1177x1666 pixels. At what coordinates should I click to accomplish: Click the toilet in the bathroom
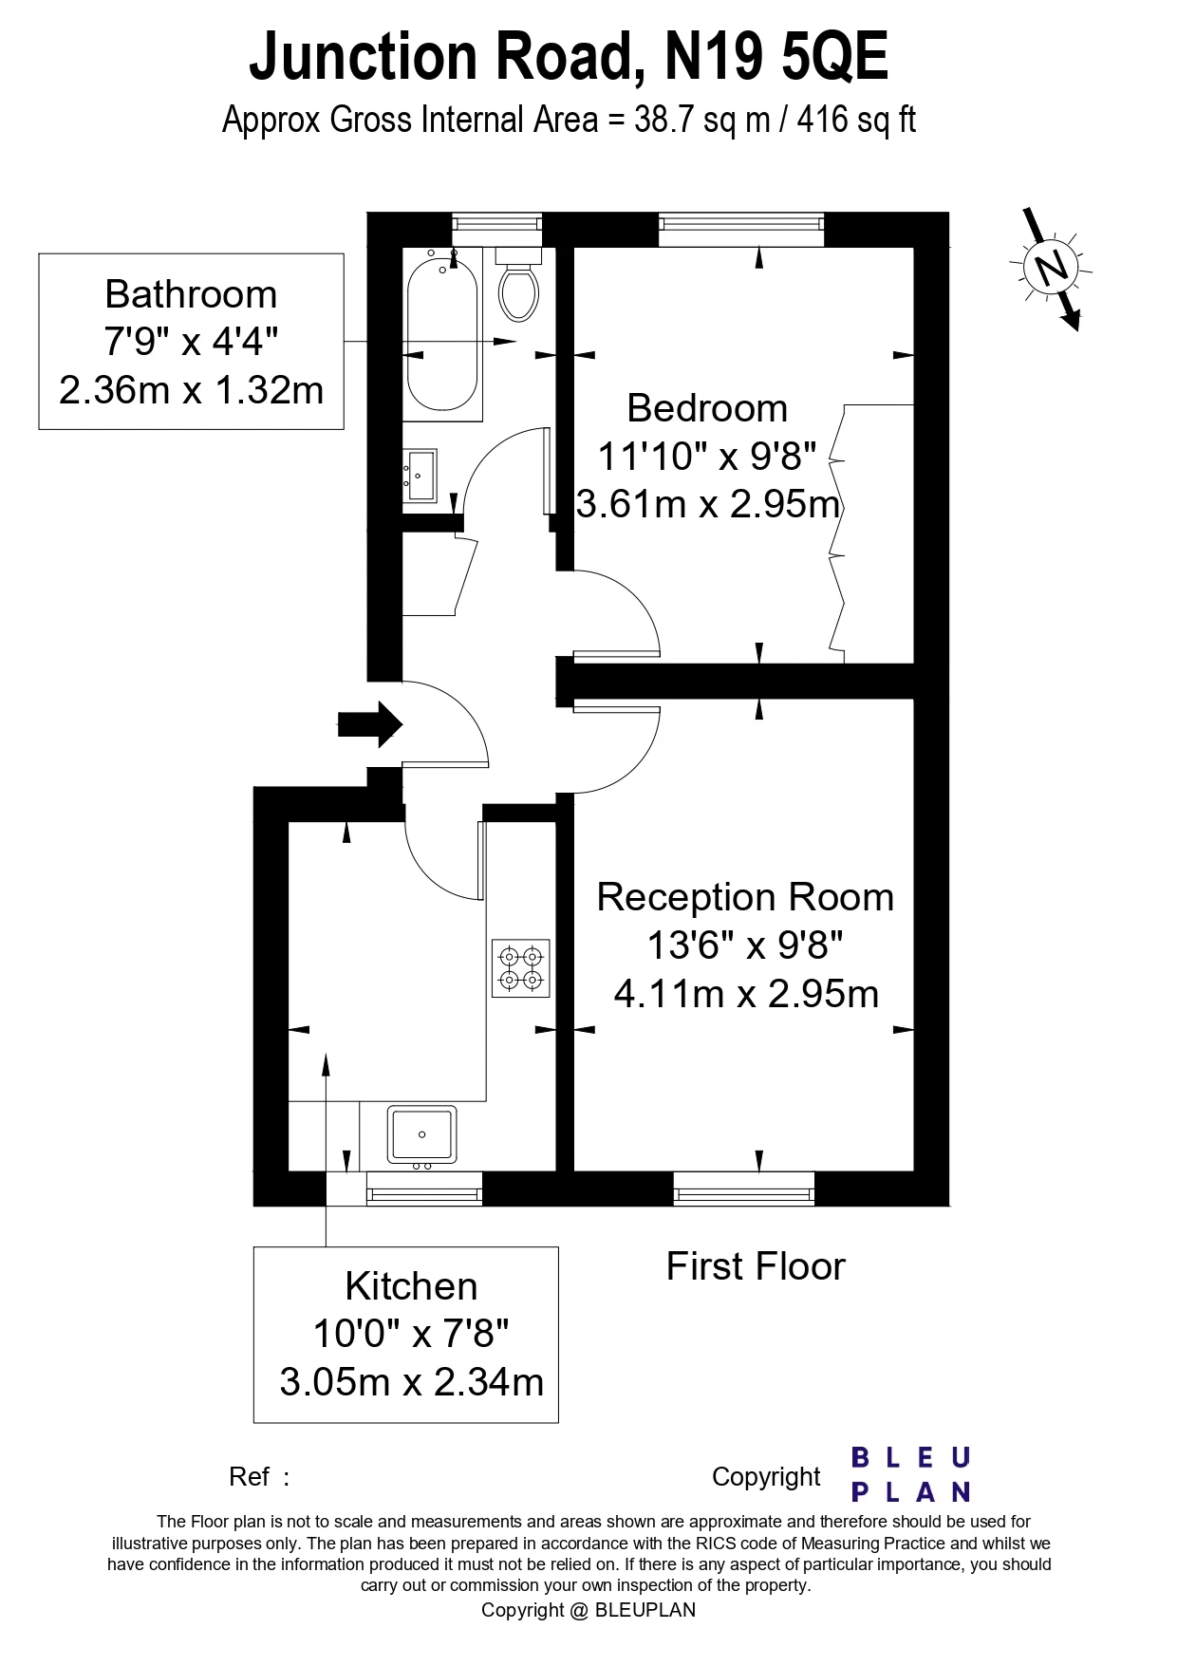(518, 287)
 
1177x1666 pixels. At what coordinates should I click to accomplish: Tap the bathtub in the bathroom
(441, 337)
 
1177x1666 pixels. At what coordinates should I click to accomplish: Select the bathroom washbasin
(420, 475)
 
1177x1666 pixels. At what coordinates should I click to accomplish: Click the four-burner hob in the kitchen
(520, 967)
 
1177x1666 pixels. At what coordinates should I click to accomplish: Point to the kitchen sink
(421, 1134)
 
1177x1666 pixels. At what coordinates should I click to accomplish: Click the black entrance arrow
(370, 724)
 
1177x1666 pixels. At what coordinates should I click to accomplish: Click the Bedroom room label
(707, 408)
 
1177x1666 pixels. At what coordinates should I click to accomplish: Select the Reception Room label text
(745, 897)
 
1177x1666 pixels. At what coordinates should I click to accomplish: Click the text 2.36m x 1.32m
(191, 390)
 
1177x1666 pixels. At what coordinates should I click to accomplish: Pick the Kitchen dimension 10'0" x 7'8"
(410, 1333)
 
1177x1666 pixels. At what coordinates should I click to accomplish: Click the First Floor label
(755, 1266)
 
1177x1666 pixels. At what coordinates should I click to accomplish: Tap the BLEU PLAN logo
(910, 1474)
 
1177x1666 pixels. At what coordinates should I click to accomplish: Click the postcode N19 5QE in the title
(775, 57)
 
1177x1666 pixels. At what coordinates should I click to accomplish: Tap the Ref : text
(258, 1476)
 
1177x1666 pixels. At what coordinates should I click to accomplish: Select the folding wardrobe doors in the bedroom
(836, 532)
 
